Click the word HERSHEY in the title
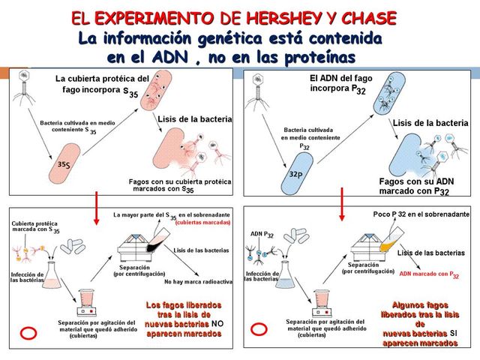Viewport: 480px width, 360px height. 280,17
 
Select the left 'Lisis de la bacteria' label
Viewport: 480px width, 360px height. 195,119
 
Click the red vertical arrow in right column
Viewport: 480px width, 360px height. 342,204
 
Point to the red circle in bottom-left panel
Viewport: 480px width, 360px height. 28,331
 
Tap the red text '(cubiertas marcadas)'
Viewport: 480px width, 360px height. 202,223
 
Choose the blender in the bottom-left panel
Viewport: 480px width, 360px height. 85,301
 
